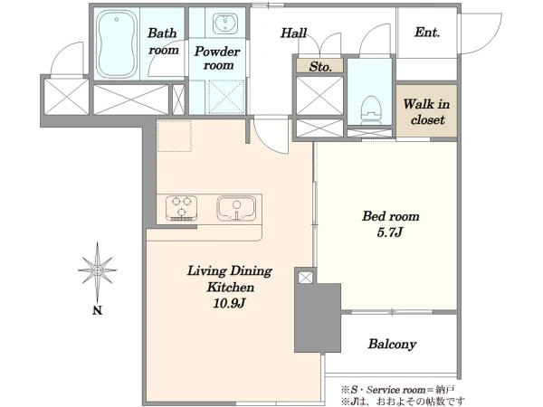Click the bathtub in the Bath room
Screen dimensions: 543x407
117,44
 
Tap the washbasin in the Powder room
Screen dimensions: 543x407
224,23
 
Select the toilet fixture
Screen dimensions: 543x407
370,109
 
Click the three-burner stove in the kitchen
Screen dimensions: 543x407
182,208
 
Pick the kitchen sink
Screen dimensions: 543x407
236,208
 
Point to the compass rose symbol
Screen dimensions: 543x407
98,270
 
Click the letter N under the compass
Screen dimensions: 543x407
98,310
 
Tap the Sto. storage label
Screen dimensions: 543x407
320,66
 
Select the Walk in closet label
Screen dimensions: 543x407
426,111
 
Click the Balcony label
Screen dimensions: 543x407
392,344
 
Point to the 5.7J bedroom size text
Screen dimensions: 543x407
389,232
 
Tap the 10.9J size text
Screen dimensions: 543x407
229,304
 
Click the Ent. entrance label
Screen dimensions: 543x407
427,33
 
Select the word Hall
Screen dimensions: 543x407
293,33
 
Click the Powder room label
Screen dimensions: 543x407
217,58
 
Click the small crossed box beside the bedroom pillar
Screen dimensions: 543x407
305,278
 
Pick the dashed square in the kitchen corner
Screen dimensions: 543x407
174,136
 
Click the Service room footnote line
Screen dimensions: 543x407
398,390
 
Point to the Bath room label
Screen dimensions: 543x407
163,42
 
